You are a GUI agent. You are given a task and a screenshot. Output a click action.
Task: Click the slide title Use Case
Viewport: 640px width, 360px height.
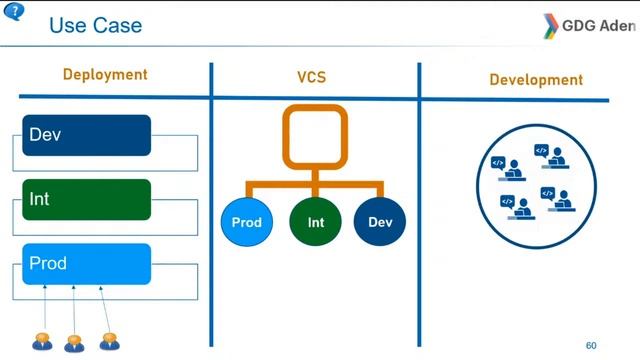pyautogui.click(x=96, y=25)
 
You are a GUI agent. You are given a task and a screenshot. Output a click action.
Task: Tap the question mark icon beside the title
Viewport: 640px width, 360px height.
pyautogui.click(x=16, y=12)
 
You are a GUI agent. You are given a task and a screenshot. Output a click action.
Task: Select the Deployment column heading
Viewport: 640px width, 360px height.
pyautogui.click(x=105, y=75)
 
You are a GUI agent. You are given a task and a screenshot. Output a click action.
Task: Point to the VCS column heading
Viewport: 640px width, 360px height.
pyautogui.click(x=312, y=77)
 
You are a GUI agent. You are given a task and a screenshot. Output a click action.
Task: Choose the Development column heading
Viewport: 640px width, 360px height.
pyautogui.click(x=536, y=79)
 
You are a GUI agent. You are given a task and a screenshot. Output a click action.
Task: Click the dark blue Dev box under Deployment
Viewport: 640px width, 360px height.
pyautogui.click(x=86, y=135)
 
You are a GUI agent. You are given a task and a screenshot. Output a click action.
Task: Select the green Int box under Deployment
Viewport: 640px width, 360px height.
pyautogui.click(x=86, y=199)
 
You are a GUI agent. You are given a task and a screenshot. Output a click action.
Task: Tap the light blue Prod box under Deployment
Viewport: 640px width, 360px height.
pyautogui.click(x=86, y=264)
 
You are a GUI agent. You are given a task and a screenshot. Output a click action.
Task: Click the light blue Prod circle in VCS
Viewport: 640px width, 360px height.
pyautogui.click(x=246, y=222)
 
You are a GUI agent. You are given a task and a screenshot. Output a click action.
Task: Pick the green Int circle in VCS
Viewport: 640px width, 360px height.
pyautogui.click(x=316, y=222)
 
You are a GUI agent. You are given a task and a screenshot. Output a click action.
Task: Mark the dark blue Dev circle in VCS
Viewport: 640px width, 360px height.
pyautogui.click(x=380, y=222)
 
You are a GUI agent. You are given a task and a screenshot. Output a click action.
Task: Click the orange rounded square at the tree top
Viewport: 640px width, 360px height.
pyautogui.click(x=314, y=135)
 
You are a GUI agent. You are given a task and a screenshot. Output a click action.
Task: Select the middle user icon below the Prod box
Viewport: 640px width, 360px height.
pyautogui.click(x=75, y=342)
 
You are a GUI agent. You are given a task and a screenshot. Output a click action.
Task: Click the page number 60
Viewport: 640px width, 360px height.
pyautogui.click(x=591, y=345)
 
